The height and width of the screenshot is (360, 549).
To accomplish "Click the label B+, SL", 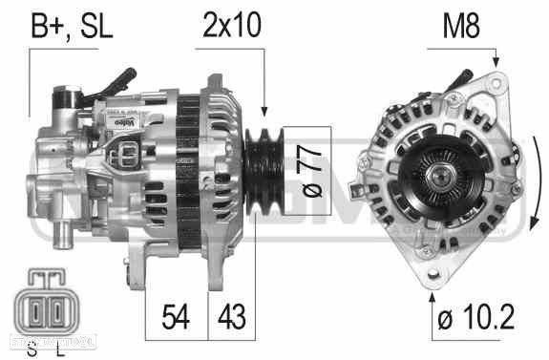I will [x=72, y=26].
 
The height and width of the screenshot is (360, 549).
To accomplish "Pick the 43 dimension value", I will [x=231, y=313].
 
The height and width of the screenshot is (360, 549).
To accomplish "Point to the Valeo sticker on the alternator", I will [x=123, y=122].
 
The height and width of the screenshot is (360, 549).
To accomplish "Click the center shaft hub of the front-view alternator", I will [x=442, y=176].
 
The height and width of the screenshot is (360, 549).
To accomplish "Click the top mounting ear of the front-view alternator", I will [x=491, y=81].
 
